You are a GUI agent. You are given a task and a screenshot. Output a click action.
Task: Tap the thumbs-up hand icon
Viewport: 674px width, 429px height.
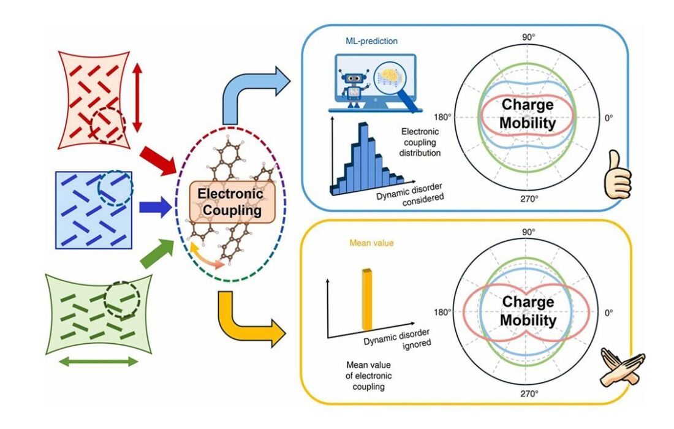point(618,175)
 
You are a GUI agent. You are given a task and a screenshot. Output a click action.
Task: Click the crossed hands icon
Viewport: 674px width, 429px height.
point(622,368)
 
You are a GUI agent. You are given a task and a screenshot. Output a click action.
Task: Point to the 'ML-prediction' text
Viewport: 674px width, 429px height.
point(371,41)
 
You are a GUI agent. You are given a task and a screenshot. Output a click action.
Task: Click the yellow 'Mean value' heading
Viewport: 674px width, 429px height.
point(371,243)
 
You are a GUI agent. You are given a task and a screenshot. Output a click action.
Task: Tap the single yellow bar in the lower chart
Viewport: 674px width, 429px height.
point(367,300)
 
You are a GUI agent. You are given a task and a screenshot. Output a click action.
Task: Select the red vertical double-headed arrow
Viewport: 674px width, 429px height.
point(137,97)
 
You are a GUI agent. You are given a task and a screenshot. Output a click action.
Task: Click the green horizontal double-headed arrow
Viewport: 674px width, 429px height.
point(99,362)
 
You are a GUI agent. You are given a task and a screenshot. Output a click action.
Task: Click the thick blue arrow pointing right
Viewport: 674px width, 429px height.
point(156,207)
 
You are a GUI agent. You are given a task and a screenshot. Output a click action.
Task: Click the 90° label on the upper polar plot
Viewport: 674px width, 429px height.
point(528,37)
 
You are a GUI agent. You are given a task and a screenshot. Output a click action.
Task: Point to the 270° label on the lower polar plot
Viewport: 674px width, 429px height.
point(529,393)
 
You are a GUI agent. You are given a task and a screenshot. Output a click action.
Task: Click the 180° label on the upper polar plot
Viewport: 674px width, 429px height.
point(442,117)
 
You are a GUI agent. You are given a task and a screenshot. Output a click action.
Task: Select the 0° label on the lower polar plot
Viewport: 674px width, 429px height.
point(608,313)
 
